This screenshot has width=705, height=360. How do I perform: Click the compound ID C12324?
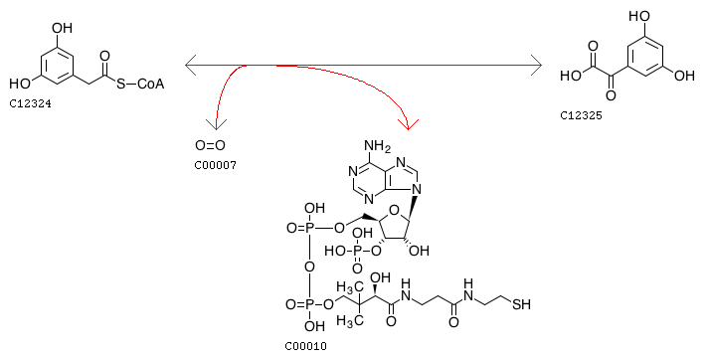click(x=30, y=103)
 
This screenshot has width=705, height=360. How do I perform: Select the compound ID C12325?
click(x=581, y=115)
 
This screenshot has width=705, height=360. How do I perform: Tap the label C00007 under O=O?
click(x=216, y=165)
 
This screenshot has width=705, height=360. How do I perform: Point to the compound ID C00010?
click(x=305, y=346)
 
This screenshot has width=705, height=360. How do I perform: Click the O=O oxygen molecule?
click(x=210, y=145)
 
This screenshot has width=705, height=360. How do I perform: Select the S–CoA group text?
click(x=140, y=84)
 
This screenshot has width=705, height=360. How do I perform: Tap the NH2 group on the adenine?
click(x=377, y=146)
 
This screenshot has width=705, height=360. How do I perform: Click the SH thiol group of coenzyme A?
click(x=521, y=304)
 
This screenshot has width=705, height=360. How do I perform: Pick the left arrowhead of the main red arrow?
click(x=191, y=66)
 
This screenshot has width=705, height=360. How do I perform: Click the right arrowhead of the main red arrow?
click(x=536, y=66)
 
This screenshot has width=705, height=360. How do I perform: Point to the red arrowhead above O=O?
click(x=216, y=124)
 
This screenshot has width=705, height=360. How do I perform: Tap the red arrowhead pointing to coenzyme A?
click(x=409, y=124)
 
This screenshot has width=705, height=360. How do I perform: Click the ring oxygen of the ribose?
click(x=394, y=211)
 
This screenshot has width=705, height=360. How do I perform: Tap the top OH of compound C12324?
click(x=62, y=28)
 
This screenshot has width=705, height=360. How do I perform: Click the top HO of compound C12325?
click(x=639, y=17)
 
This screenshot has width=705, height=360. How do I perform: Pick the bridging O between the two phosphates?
click(x=309, y=267)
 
